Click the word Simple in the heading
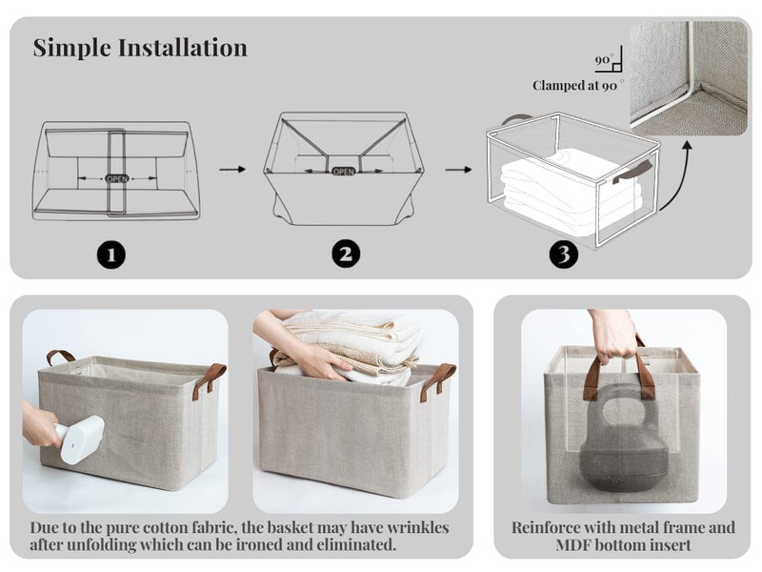(72, 49)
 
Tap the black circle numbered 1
(110, 255)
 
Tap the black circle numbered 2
(346, 254)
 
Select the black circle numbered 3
(563, 254)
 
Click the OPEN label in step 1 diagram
(117, 178)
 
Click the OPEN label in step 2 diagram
(344, 172)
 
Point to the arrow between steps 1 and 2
(232, 170)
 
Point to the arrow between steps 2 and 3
(458, 170)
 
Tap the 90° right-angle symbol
(609, 62)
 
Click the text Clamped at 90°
(577, 86)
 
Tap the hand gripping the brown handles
(613, 337)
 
